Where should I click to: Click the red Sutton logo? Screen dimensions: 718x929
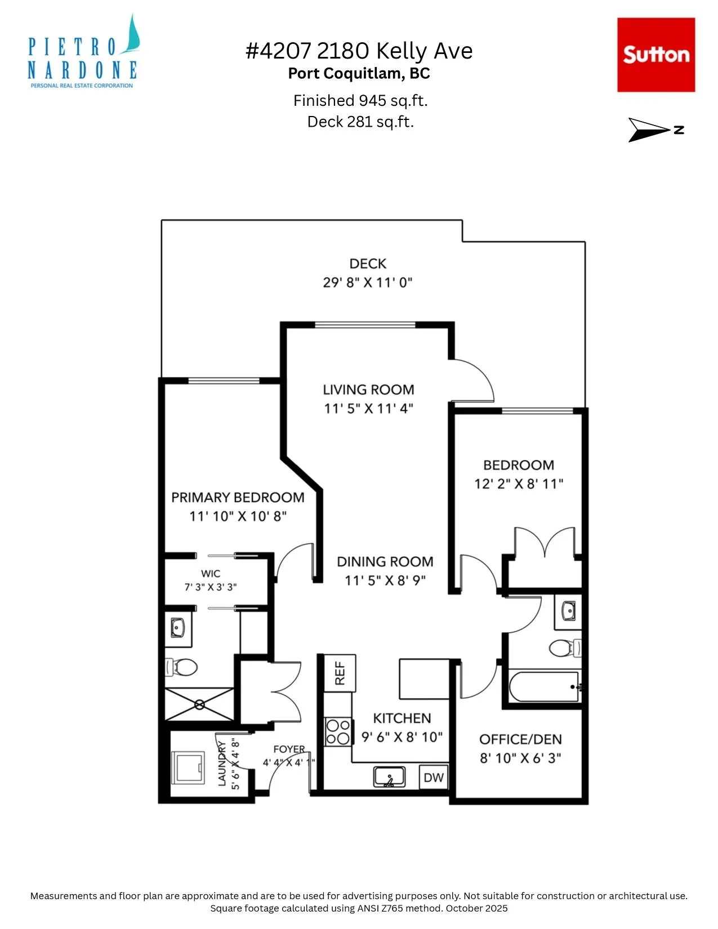click(655, 55)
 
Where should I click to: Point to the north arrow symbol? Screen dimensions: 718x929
click(656, 129)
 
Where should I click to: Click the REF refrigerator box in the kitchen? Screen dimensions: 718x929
click(340, 673)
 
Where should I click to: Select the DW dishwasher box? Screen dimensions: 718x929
click(434, 777)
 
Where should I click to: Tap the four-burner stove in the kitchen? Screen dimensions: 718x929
click(338, 733)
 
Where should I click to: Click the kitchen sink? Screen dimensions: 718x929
click(389, 777)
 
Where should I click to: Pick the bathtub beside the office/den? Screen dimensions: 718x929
click(545, 687)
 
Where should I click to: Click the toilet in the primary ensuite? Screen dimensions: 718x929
click(181, 667)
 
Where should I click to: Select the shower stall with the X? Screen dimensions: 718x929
click(199, 704)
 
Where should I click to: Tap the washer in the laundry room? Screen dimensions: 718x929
click(188, 767)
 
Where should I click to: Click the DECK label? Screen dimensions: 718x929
click(368, 263)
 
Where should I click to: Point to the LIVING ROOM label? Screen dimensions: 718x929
click(369, 390)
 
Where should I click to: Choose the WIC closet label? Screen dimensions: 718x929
click(211, 573)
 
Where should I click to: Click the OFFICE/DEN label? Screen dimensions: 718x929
click(520, 739)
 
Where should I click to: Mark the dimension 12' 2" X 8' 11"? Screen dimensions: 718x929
click(519, 484)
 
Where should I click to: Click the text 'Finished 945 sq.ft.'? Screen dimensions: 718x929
click(360, 101)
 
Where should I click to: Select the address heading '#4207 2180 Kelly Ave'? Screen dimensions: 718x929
click(359, 51)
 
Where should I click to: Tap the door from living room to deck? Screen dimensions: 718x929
click(472, 381)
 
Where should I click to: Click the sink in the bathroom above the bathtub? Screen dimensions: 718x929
click(568, 610)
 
